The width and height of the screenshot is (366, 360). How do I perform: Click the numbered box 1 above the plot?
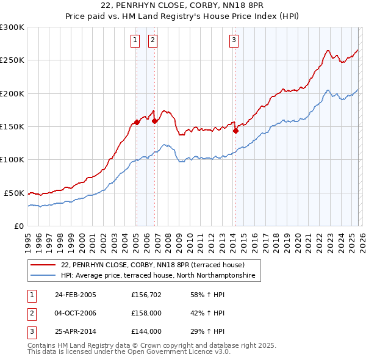tap(134, 41)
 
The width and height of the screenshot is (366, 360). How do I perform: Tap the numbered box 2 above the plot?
tap(152, 41)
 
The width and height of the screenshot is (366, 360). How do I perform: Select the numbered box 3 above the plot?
tap(234, 41)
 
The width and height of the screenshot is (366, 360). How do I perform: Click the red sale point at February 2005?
tap(137, 122)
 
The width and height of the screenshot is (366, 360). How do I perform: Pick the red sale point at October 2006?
tap(154, 121)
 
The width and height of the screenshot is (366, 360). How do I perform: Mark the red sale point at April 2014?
tap(235, 130)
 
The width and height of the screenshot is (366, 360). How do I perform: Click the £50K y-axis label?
tap(14, 193)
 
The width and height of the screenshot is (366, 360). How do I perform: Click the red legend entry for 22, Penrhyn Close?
tap(152, 265)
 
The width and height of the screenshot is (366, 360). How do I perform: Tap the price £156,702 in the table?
tap(146, 295)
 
